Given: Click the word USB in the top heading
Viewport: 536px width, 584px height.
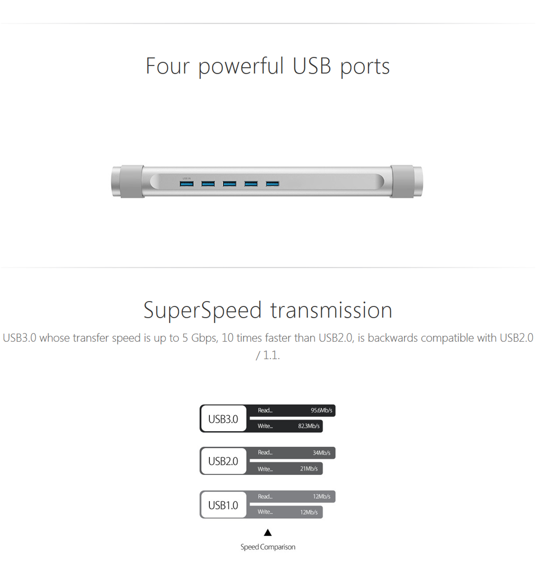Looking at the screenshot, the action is coord(312,66).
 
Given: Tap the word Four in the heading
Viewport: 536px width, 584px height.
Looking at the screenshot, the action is coord(167,66).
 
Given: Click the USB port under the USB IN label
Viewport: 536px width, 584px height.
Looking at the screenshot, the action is coord(187,184).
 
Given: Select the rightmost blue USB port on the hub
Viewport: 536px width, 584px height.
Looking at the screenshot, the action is coord(272,184).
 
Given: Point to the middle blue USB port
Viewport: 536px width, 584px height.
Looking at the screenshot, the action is coord(230,184).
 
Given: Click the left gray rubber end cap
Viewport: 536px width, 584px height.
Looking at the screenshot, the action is coord(132,181).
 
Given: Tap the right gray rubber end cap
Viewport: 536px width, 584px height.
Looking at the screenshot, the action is coord(402,181).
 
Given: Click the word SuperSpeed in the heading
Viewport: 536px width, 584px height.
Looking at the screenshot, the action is coord(203,311).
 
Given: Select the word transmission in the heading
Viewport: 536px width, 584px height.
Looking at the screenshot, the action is coord(331,310).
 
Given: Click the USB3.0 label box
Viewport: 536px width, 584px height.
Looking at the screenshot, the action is coord(224,419).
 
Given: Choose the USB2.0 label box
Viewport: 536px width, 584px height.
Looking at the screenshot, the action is coord(224,461).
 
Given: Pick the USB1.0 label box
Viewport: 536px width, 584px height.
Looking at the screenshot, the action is coord(224,505).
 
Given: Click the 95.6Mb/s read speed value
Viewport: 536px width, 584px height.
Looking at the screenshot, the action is coord(322,410).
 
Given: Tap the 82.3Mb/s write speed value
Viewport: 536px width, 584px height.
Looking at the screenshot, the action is coord(309,426).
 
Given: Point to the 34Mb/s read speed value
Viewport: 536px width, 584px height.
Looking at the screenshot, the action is coord(322,453).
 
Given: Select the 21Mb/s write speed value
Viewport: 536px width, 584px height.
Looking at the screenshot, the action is coord(309,468).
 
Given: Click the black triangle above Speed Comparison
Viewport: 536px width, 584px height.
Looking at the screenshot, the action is coord(268,533).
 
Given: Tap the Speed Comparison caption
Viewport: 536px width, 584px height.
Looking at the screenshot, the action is coord(268,547).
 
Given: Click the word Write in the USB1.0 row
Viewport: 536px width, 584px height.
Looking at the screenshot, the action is coord(265,512).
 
